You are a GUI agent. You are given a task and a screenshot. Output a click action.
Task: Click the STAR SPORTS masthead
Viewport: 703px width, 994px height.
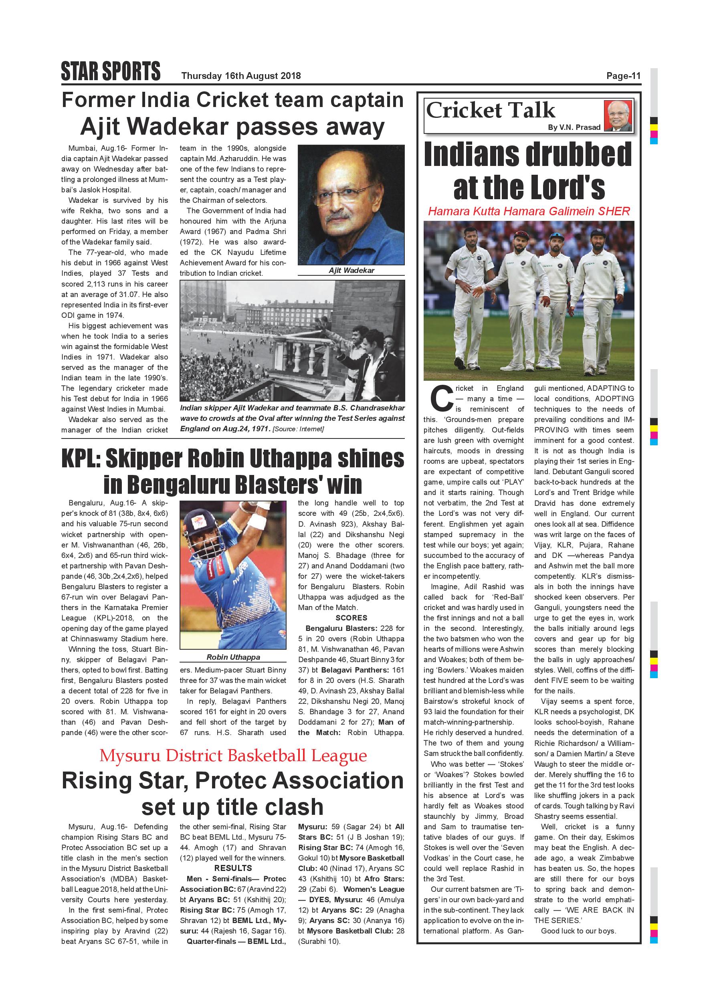(110, 71)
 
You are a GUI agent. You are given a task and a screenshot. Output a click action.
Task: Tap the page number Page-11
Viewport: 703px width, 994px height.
(623, 76)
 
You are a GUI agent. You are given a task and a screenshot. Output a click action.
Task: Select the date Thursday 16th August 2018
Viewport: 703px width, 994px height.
(241, 76)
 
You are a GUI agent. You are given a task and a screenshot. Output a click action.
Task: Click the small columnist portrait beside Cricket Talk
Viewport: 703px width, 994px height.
(618, 115)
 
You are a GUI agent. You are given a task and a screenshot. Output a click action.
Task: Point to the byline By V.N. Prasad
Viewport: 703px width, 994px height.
(574, 127)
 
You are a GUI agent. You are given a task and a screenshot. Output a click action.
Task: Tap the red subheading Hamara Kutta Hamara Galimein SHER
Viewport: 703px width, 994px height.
(529, 211)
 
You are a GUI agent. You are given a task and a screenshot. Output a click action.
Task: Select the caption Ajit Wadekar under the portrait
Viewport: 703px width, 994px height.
(351, 271)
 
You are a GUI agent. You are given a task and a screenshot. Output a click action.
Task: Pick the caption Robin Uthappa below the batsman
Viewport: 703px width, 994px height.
(233, 657)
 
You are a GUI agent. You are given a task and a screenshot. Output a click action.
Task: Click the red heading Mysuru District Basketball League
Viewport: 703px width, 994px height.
(233, 756)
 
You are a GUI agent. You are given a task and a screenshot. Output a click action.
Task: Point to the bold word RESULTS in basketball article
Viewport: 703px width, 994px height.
(233, 869)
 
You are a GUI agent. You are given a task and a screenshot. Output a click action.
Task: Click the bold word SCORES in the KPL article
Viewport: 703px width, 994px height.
(351, 618)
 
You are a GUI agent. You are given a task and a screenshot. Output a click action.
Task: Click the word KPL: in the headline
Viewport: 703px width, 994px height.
(81, 459)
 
